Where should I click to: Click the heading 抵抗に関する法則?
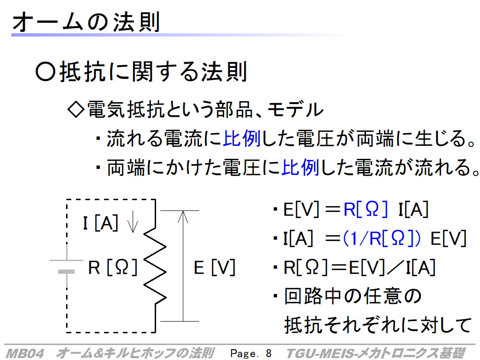coord(153,72)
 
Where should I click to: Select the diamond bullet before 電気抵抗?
coord(75,110)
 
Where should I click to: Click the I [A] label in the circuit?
coord(101,224)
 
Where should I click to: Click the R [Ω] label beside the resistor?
coord(113,268)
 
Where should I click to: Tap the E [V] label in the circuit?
coord(214,268)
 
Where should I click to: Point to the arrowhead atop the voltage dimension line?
coord(183,216)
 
